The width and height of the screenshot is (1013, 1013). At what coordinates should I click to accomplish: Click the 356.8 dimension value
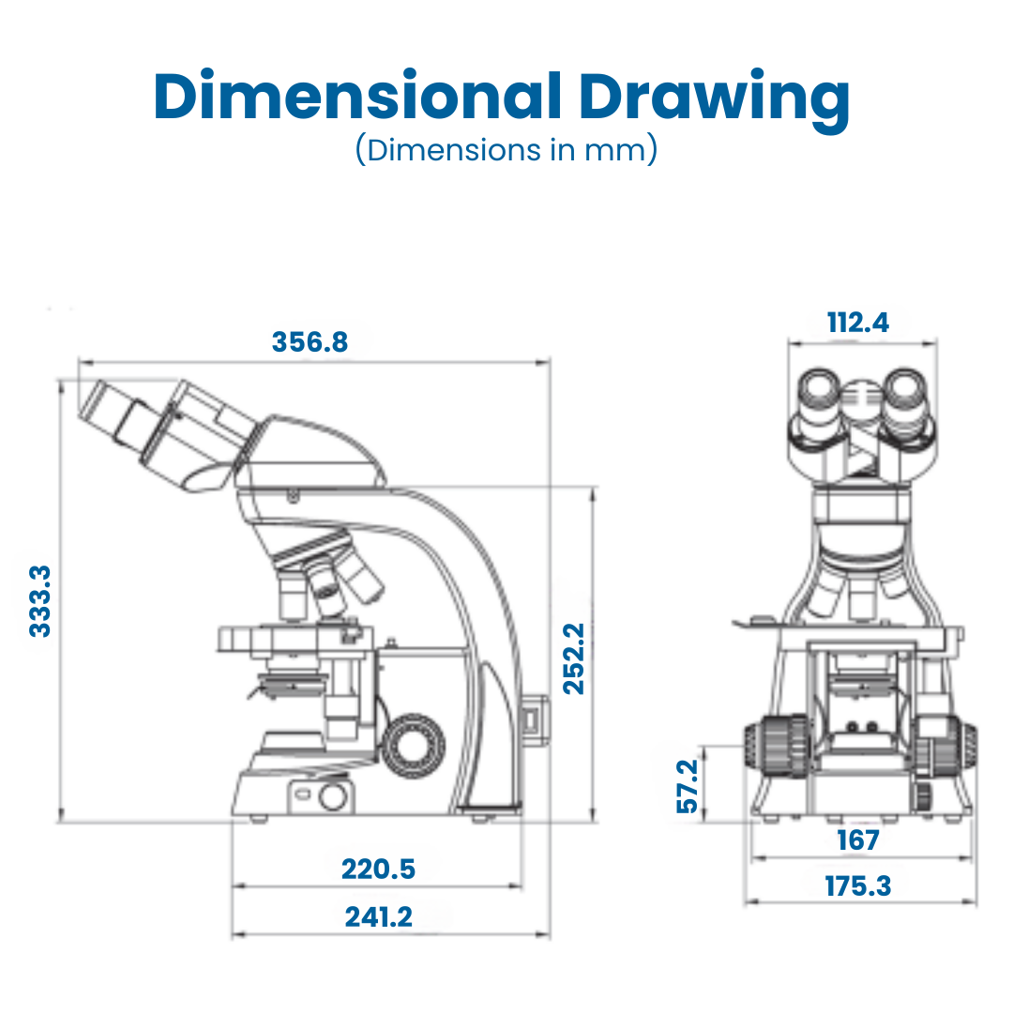click(310, 341)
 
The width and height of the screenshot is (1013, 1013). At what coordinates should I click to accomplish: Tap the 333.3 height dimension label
click(40, 601)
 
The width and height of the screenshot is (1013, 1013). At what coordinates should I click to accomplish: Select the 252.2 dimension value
click(574, 659)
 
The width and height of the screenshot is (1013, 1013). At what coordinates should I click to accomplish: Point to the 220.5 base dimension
click(378, 869)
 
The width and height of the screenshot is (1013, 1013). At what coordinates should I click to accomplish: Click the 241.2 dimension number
click(378, 916)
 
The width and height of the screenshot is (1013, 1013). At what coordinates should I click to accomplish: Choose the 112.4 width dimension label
click(858, 323)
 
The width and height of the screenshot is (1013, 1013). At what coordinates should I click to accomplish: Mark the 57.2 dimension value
click(688, 786)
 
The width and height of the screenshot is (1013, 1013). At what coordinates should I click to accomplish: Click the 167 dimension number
click(858, 840)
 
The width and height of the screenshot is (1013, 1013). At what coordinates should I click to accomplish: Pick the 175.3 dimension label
click(858, 886)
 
